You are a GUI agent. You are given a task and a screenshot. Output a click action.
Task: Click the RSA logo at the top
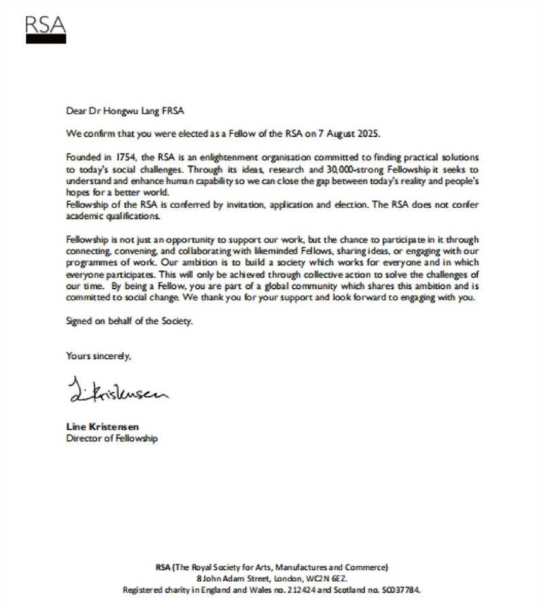(46, 29)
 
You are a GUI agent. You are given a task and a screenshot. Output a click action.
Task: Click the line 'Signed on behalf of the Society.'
(129, 321)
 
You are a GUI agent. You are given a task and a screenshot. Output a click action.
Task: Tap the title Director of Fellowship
(111, 438)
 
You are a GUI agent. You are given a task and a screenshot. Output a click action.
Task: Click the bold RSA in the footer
(164, 568)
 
